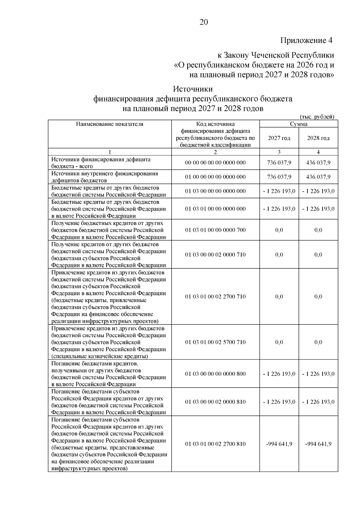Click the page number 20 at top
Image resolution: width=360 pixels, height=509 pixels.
(203, 22)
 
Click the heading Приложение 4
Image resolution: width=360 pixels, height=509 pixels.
(306, 40)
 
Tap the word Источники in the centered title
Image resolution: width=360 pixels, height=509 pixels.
(193, 89)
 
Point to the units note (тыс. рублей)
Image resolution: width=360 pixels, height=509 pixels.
(317, 117)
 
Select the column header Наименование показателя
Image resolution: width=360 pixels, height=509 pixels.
(109, 124)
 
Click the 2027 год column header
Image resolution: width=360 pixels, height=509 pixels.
(279, 138)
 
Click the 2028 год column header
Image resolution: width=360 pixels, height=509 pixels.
(318, 138)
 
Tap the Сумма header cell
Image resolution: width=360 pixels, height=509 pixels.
(298, 124)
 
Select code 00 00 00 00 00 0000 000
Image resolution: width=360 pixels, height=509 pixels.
(215, 163)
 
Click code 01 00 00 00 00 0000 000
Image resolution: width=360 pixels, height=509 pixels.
(215, 177)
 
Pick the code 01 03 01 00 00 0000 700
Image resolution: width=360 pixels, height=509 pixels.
(215, 230)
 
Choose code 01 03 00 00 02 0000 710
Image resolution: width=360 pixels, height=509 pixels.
(215, 254)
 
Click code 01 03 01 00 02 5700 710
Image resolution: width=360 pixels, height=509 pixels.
(215, 342)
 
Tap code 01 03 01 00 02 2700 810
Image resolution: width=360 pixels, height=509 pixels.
(215, 444)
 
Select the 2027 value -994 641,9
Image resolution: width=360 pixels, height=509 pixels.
(279, 444)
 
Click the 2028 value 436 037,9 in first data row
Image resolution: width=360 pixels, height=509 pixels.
(318, 163)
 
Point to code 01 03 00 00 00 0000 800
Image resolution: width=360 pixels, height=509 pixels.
(215, 374)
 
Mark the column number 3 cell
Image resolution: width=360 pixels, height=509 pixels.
(279, 152)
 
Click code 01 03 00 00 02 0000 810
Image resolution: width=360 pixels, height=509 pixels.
(215, 402)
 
